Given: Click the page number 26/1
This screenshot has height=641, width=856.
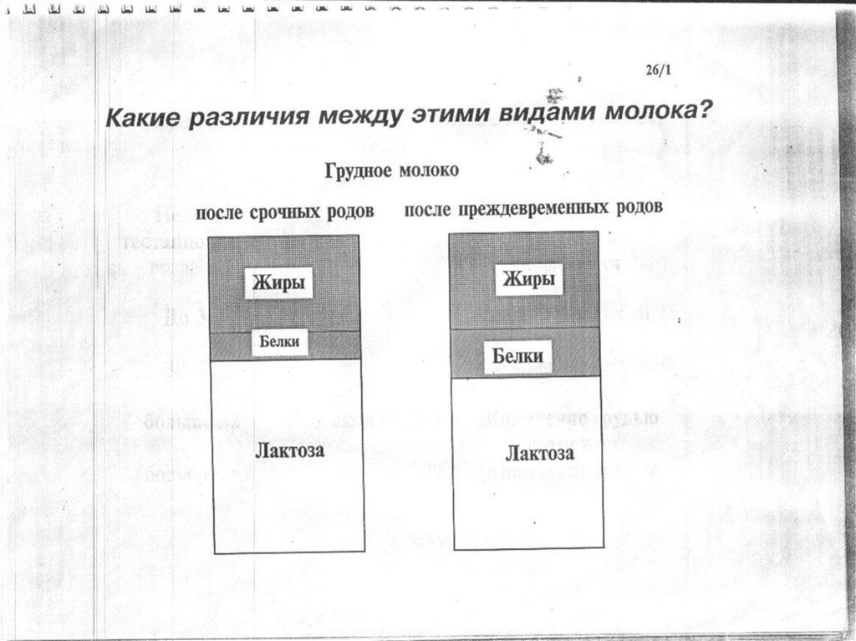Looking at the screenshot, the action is [658, 72].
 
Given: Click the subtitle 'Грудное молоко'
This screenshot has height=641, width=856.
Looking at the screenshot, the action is [391, 170].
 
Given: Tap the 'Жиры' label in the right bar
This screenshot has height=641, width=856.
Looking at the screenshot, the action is [529, 278].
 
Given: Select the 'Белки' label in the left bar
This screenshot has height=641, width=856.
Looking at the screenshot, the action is [279, 343].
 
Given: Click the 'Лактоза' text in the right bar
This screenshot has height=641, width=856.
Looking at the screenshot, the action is [539, 454].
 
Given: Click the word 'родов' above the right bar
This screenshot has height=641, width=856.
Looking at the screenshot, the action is [634, 206].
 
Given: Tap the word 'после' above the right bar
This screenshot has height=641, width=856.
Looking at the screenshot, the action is [429, 208].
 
